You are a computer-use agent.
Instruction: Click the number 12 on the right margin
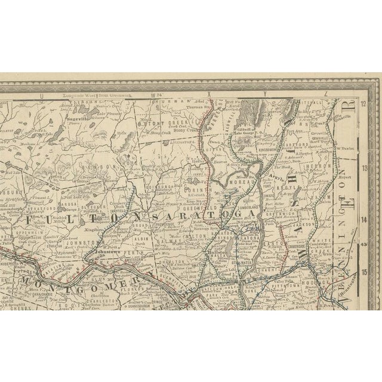(x=366, y=106)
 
